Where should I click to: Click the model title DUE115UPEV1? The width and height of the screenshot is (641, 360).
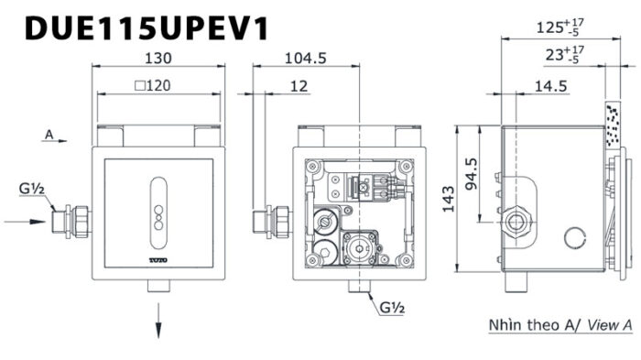tap(147, 27)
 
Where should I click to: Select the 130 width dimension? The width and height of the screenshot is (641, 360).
tap(158, 58)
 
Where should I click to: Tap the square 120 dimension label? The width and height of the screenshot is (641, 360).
tap(153, 85)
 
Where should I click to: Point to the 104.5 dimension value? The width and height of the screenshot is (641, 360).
tap(305, 58)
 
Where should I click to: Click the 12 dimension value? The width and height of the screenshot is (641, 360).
tap(299, 86)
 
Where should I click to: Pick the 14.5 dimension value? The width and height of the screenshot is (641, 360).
tap(550, 86)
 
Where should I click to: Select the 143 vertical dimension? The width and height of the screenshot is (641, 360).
tap(449, 199)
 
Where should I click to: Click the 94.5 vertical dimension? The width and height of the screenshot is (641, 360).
tap(472, 173)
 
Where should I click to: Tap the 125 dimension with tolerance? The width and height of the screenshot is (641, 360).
tap(560, 27)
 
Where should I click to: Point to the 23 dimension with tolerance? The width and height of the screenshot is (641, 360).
tap(565, 54)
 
